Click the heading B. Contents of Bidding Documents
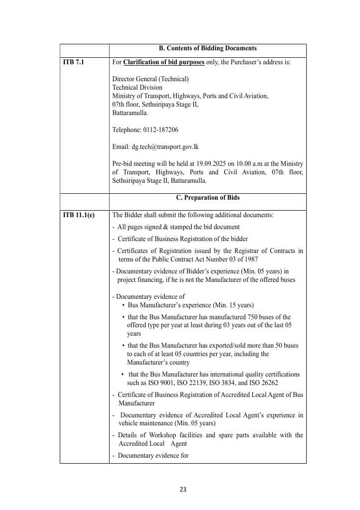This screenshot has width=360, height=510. pos(208,48)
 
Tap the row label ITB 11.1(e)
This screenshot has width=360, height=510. pos(79,215)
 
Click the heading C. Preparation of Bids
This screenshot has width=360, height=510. pos(208,198)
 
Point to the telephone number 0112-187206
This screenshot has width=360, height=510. pos(161,130)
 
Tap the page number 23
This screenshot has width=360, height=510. pos(183,489)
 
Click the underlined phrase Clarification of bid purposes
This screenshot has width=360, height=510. pos(163,62)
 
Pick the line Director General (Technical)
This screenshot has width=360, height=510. pos(150,79)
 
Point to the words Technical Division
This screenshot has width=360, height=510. pos(137,88)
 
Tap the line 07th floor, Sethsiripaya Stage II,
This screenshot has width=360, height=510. pos(155,105)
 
